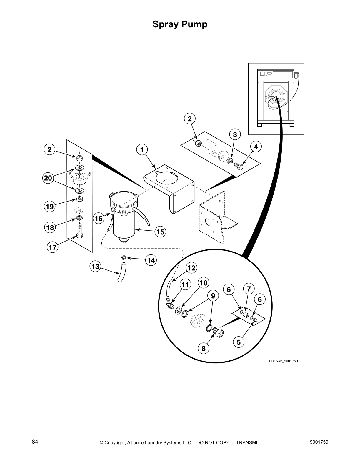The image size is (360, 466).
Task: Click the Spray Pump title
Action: tap(180, 24)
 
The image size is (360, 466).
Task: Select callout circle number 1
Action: tap(142, 150)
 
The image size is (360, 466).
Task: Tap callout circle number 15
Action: tap(160, 232)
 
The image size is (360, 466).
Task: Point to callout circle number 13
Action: tap(95, 267)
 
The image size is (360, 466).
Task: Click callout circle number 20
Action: tap(48, 178)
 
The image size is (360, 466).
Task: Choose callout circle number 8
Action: tap(203, 349)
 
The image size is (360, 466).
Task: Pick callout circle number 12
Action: tap(191, 268)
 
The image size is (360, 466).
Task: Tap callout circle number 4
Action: tap(256, 147)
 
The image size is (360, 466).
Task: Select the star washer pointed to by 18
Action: tap(79, 218)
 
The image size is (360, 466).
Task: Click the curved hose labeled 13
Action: tap(122, 273)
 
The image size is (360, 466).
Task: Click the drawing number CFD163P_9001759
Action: tap(282, 361)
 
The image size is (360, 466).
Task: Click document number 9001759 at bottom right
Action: tap(319, 442)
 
